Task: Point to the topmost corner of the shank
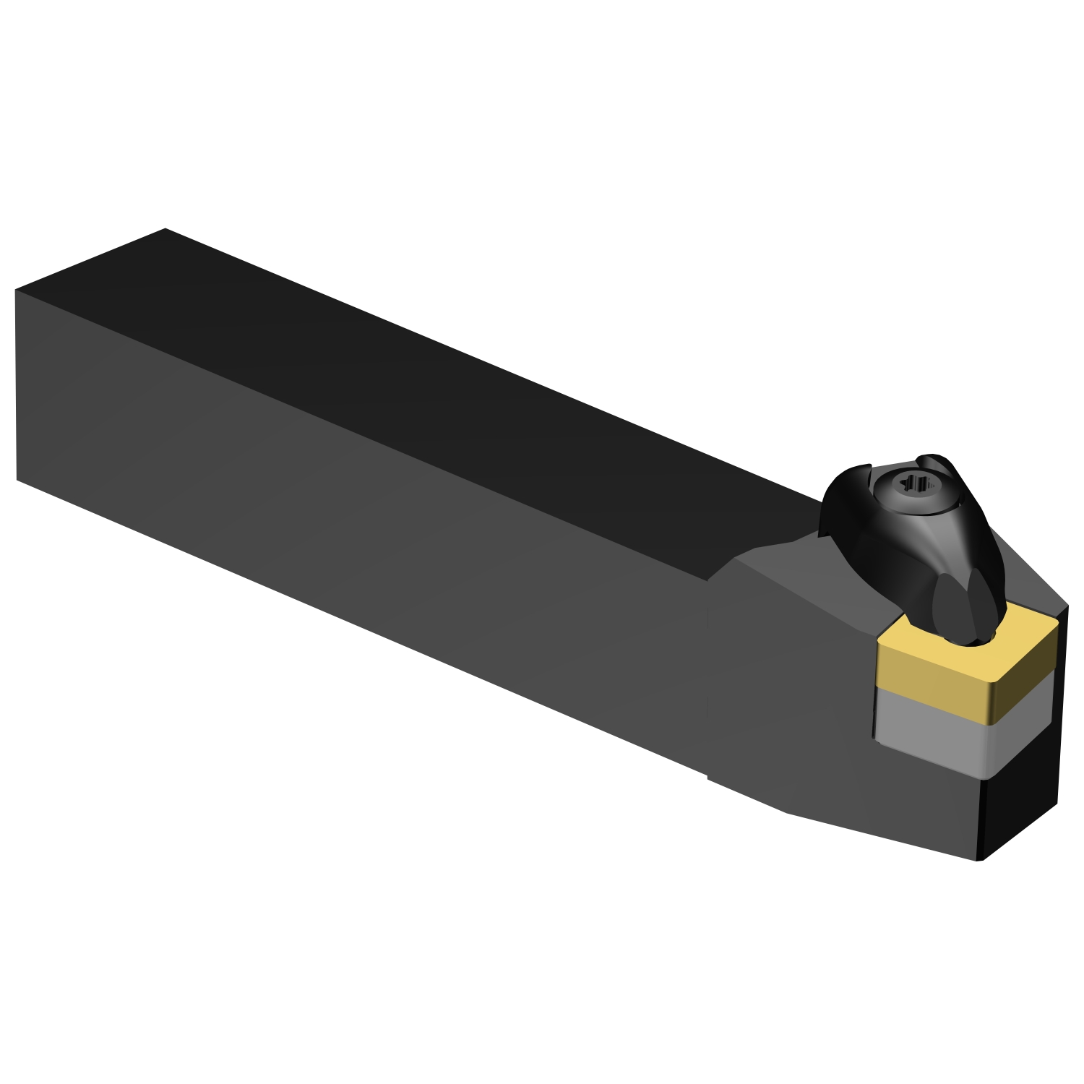[x=165, y=229]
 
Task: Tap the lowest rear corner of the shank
[x=17, y=478]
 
